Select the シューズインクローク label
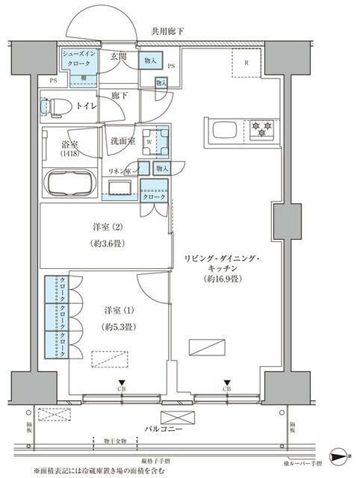(x=77, y=60)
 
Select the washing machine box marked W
(x=150, y=140)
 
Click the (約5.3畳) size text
(x=118, y=326)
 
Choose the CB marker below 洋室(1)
(x=120, y=389)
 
